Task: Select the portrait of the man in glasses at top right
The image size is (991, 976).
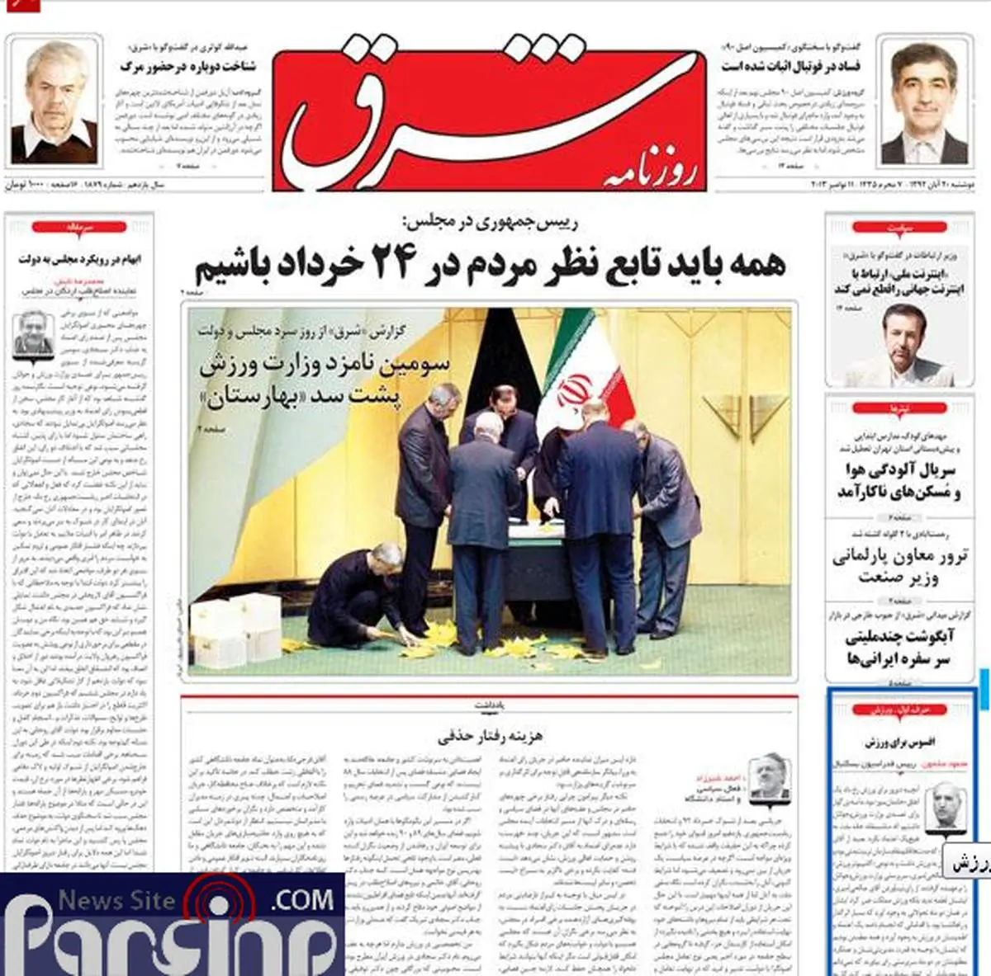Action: [x=924, y=102]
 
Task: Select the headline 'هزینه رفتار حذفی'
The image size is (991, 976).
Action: [x=491, y=735]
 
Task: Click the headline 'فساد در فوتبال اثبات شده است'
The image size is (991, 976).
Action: [x=791, y=66]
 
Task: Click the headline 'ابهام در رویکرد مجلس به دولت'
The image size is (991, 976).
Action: [x=79, y=259]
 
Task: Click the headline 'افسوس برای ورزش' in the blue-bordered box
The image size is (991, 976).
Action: [x=899, y=742]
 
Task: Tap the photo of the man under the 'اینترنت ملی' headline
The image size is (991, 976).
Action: [x=895, y=344]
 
